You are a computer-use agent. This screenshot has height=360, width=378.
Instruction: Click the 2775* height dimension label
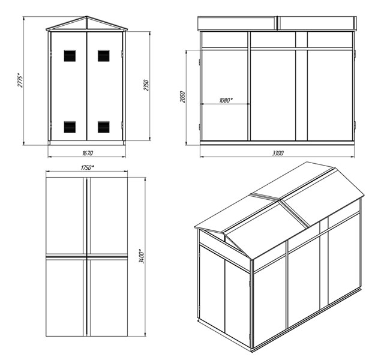pos(20,80)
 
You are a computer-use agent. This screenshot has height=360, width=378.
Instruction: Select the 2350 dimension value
pos(146,85)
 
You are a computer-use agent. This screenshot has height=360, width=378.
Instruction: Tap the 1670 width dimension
pos(87,153)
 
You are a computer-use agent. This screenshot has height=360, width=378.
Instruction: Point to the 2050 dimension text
pos(182,97)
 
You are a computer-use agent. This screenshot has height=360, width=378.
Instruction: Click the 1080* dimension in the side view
pos(226,100)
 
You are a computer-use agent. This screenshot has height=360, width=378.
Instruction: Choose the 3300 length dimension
pos(278,153)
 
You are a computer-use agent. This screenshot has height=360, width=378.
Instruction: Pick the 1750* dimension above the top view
pos(87,167)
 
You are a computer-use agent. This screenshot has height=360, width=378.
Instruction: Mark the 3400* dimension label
pos(142,256)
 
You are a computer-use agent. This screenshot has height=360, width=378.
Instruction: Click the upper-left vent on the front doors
pos(70,56)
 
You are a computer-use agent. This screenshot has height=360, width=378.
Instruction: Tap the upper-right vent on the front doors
pos(104,56)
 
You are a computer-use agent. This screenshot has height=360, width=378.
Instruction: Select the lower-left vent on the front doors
pos(70,127)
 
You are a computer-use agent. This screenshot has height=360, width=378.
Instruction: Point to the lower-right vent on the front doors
pos(104,127)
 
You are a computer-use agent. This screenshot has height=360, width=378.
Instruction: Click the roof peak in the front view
pos(87,17)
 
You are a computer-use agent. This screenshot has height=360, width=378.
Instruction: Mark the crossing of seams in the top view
pos(87,257)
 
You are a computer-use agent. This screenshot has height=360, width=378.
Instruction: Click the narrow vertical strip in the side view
pos(301,86)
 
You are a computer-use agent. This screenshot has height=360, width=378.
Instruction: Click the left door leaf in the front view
pos(69,86)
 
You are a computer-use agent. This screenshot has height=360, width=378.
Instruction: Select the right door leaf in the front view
pos(104,86)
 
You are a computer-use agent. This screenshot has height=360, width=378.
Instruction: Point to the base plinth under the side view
pos(277,143)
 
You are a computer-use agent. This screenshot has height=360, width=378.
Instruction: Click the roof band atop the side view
pos(277,23)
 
